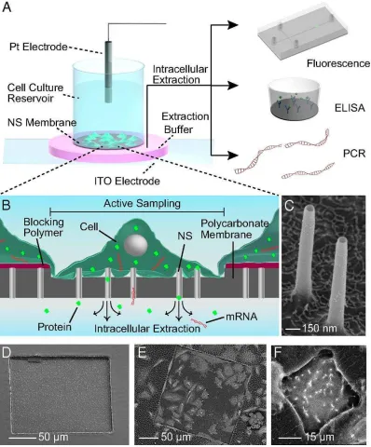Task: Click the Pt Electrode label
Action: (x=38, y=47)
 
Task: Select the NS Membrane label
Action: (x=42, y=122)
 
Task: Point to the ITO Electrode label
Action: (x=127, y=181)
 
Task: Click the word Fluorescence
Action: (x=338, y=63)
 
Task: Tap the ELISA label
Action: (x=350, y=108)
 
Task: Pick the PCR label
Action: (x=354, y=154)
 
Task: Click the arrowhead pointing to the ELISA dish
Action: (x=233, y=86)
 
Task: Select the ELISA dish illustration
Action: (x=295, y=99)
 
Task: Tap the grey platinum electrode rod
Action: (x=109, y=71)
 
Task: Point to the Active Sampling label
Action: (x=142, y=204)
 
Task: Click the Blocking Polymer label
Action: (x=44, y=227)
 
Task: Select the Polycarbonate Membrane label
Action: (x=234, y=228)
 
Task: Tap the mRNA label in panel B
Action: (x=241, y=317)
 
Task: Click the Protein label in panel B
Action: (x=54, y=327)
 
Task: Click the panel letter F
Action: (x=278, y=354)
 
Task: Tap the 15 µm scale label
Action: (x=320, y=437)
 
